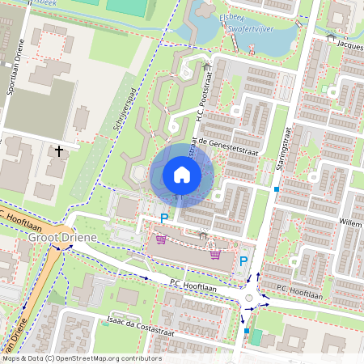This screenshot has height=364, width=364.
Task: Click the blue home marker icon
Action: (182, 175)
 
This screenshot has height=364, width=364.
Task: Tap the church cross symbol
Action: (58, 150)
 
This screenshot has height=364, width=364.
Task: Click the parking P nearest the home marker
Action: (164, 218)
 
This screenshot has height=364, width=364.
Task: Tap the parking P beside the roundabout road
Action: (243, 261)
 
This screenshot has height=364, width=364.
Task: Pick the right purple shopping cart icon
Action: (215, 254)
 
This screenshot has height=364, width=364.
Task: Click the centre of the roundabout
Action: (248, 298)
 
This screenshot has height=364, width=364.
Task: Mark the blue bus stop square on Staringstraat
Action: (276, 189)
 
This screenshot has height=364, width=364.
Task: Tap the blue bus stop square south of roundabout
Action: (246, 331)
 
